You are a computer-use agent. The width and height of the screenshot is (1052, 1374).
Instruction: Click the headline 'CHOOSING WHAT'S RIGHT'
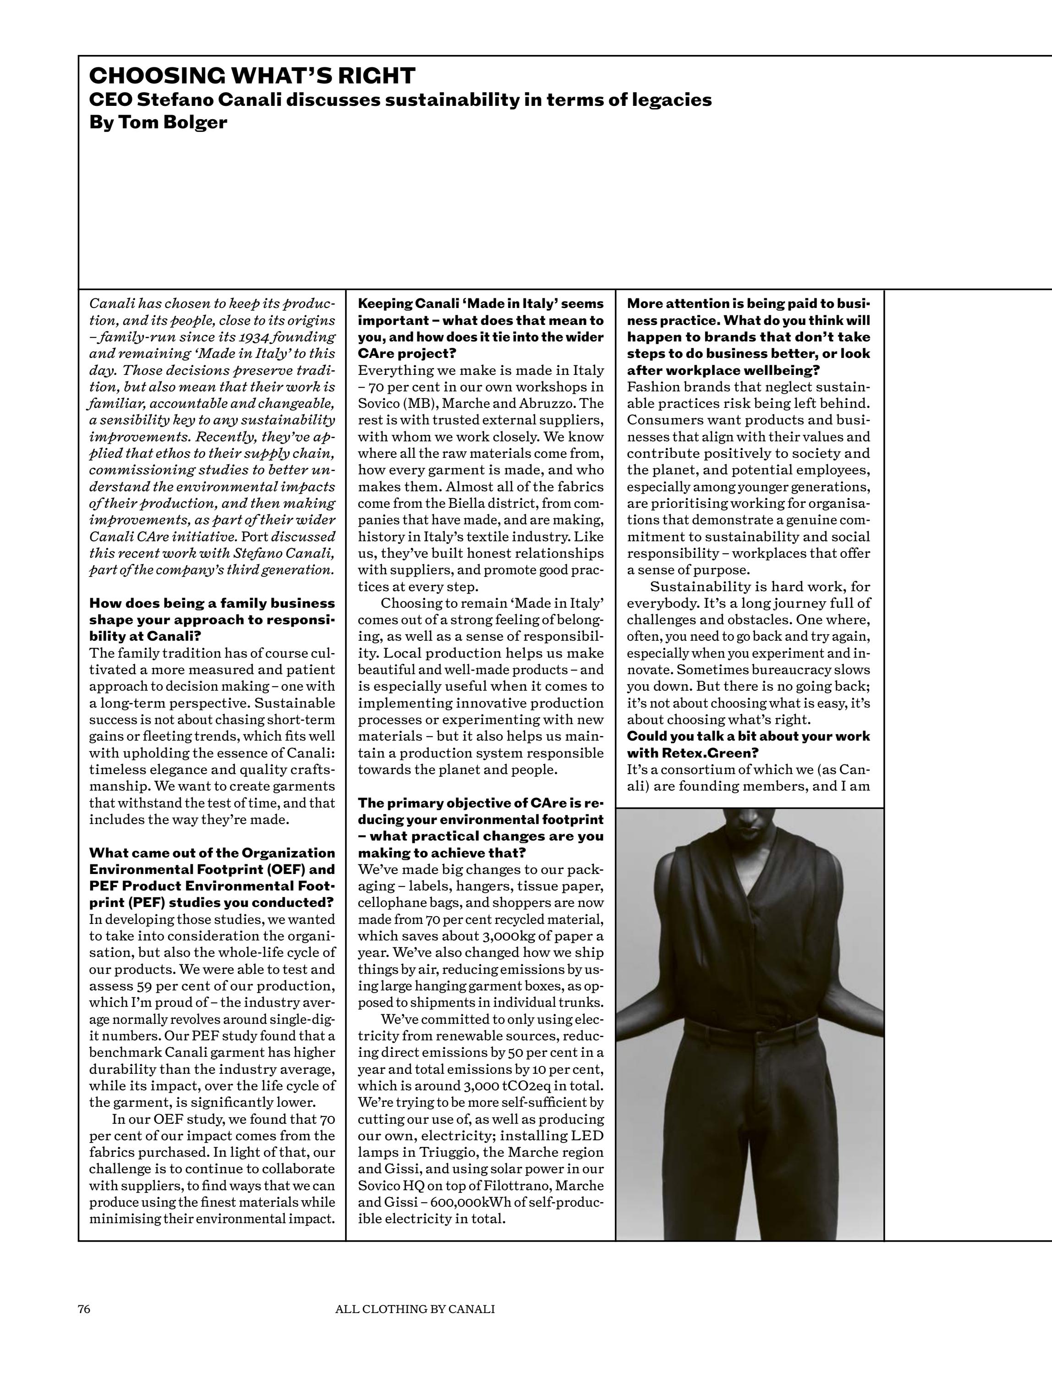click(x=252, y=76)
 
